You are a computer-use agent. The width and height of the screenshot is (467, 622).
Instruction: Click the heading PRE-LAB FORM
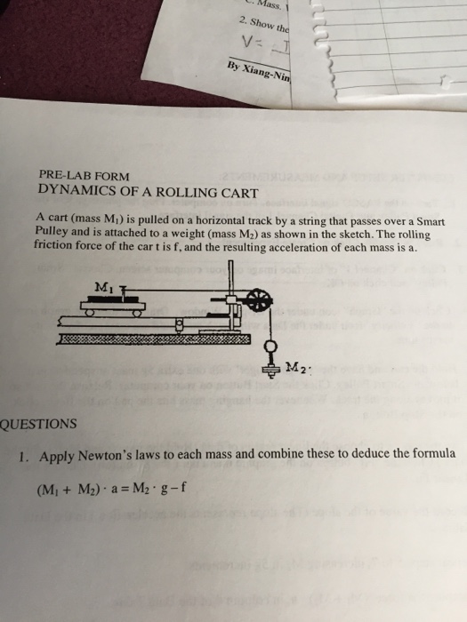pos(84,176)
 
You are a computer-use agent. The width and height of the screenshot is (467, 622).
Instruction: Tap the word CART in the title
pos(235,191)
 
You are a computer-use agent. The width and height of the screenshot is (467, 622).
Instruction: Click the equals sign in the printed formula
pos(127,489)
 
